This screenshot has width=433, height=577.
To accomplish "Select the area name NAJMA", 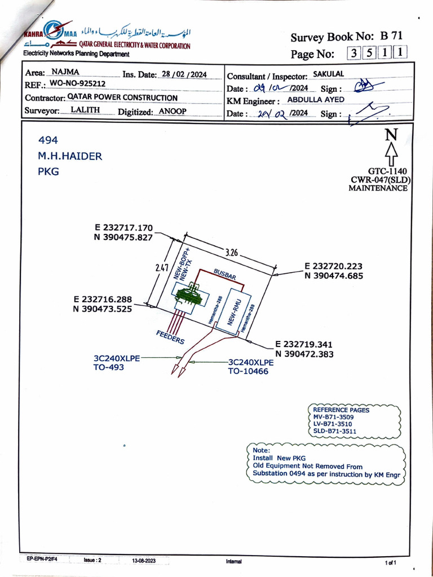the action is coord(65,72).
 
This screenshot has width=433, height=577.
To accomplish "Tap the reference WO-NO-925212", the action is coord(77,83).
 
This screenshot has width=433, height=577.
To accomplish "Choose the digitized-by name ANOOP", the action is coord(172,111).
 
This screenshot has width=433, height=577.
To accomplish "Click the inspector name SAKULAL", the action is coord(328,74).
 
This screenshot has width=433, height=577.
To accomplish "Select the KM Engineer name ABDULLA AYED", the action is coord(316,100).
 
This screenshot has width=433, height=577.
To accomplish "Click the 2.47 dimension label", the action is coord(162,268).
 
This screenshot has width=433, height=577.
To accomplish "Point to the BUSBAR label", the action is coord(224,274).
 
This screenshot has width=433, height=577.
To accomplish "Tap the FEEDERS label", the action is coord(170,336).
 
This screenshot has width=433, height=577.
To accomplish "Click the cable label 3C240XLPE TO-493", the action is coord(116,362).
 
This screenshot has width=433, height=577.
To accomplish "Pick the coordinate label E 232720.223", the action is coord(333,266).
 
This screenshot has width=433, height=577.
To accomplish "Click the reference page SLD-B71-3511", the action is coord(334,431).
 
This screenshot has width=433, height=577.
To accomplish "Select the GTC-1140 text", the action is coord(387,171).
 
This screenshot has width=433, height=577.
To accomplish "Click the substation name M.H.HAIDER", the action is coord(70,156).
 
